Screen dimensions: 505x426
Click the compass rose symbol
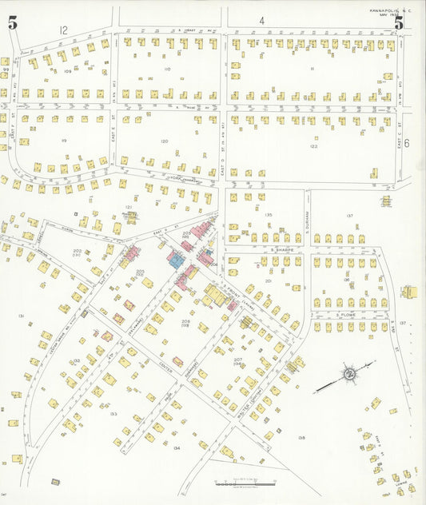pos(349,374)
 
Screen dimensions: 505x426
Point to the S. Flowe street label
pos(344,315)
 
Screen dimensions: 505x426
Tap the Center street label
pos(165,368)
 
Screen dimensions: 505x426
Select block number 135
pos(268,215)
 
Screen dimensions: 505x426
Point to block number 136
pos(345,280)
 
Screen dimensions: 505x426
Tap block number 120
pos(164,141)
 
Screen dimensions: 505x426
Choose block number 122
pos(313,146)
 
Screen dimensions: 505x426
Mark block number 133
pos(113,414)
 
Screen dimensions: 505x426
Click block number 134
pos(177,448)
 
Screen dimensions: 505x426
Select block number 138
pos(301,438)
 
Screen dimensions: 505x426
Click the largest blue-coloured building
pos(173,260)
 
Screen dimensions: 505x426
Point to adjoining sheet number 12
pos(63,30)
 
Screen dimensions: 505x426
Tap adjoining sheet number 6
pos(406,143)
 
